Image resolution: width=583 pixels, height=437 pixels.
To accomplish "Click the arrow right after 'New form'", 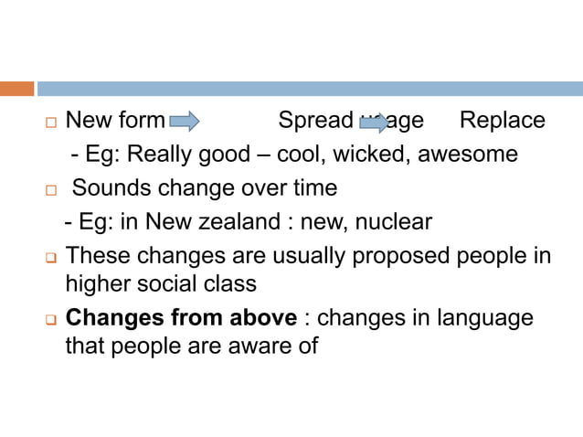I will [185, 121].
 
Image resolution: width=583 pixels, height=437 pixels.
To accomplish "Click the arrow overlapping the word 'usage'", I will [374, 122].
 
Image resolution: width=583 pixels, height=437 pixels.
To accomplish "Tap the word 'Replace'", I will [502, 121].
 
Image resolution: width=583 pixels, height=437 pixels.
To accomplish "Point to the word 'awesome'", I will [468, 155].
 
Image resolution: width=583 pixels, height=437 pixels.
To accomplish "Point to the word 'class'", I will [231, 283].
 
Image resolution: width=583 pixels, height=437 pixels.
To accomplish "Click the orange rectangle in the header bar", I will [16, 89].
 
